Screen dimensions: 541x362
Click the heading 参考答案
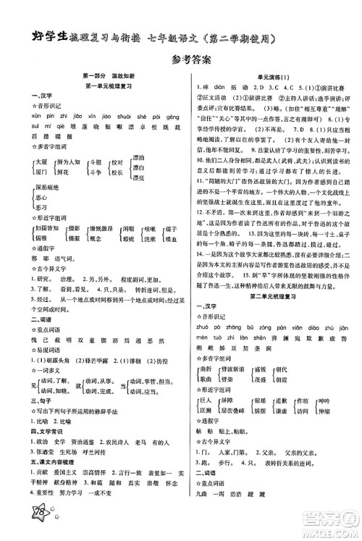(181, 61)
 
